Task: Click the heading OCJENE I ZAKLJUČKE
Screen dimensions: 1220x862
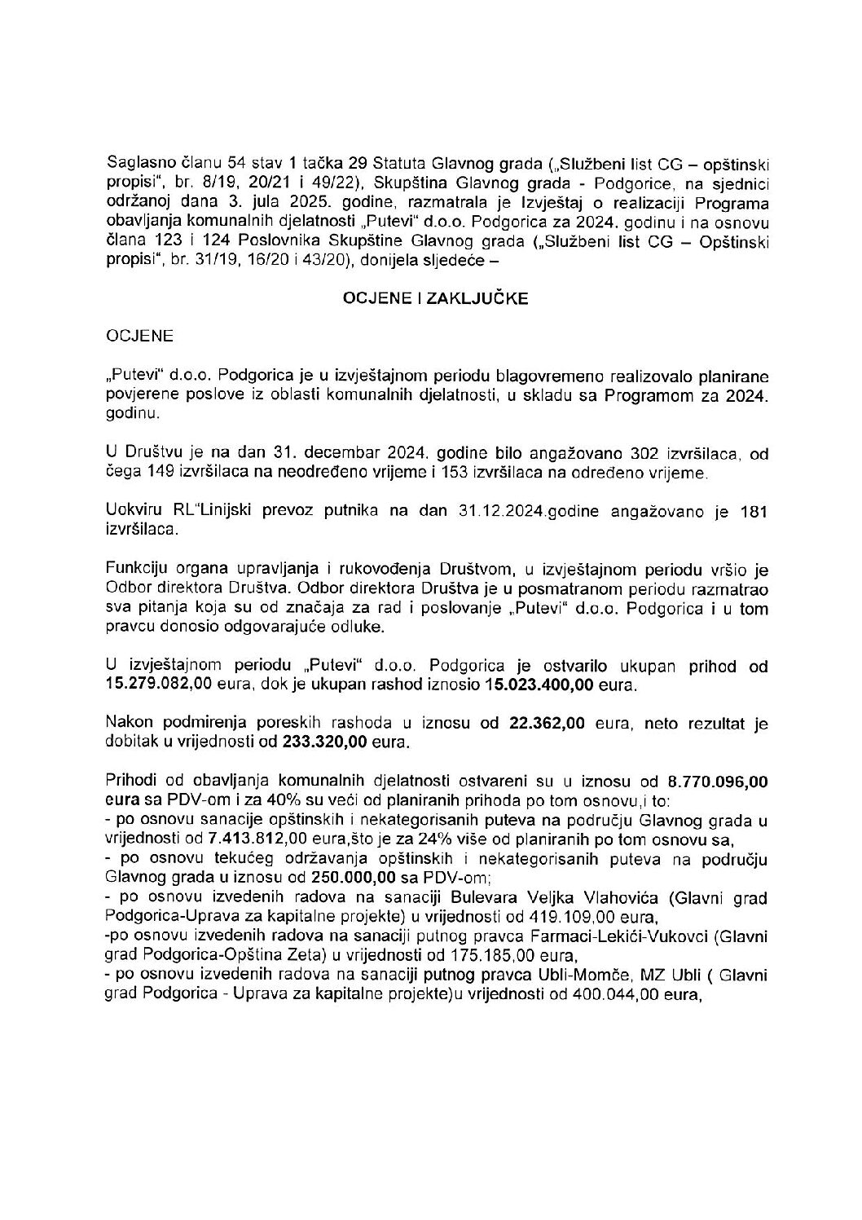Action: click(x=434, y=299)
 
